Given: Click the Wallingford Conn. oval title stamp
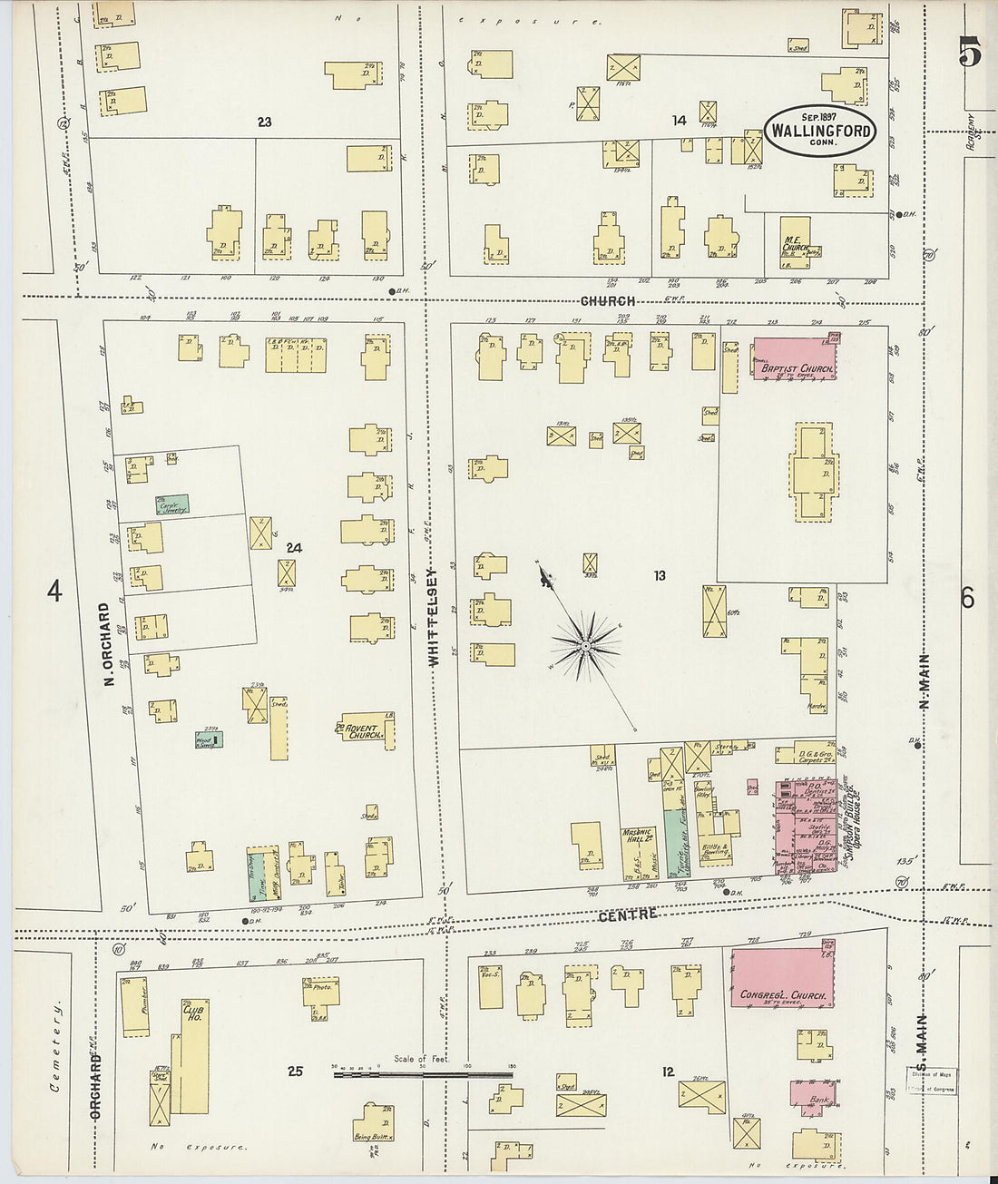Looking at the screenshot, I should [820, 131].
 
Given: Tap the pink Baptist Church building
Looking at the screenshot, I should [795, 359].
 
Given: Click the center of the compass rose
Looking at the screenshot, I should [586, 646].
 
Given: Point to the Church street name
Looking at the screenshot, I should [607, 301].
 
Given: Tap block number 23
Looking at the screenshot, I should [264, 122].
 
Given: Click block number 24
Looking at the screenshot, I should [293, 548].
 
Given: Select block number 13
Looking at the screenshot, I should [659, 575].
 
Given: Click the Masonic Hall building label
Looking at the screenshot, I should [637, 837].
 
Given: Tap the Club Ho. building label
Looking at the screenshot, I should [191, 1013].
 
